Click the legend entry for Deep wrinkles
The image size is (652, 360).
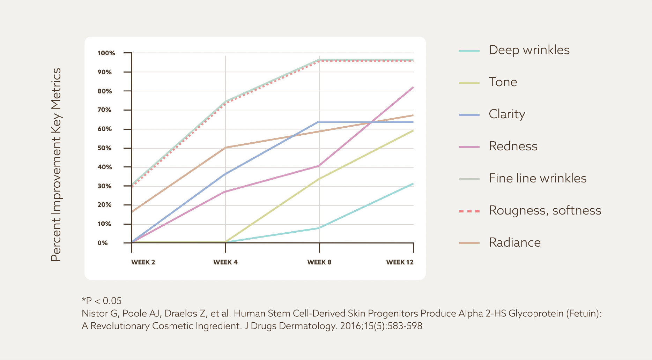tap(529, 50)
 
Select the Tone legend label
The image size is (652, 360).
tap(503, 82)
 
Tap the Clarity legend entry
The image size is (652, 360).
tap(507, 114)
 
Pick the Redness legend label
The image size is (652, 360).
tap(513, 146)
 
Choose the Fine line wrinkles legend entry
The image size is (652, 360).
tap(537, 178)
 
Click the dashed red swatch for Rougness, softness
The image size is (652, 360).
tap(469, 211)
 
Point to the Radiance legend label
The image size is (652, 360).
tap(514, 242)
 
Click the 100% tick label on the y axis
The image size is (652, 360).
tap(106, 53)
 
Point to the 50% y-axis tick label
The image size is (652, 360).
tap(104, 148)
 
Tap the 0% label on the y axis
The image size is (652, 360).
tap(103, 243)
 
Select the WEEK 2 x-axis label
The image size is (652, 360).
tap(143, 262)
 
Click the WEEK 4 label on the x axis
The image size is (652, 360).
tap(225, 262)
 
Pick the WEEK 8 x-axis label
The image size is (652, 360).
tap(319, 262)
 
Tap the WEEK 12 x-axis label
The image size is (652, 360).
tap(400, 262)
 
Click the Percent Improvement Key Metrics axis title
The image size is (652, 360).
tap(56, 165)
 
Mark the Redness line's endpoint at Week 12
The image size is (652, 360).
tap(413, 87)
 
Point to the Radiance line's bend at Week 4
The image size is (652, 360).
tap(225, 148)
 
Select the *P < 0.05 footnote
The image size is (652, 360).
tap(102, 301)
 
